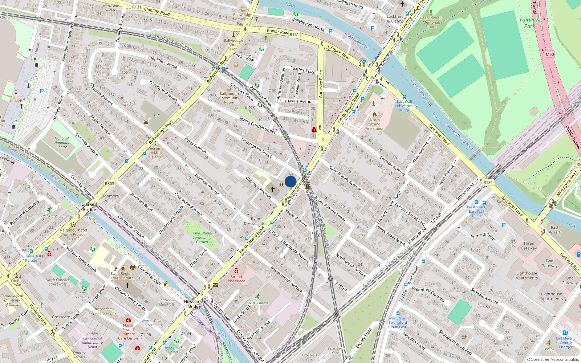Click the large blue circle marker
coord(290,181)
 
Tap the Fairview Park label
coord(529,23)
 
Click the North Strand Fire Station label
coord(375,124)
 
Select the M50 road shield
coord(550,54)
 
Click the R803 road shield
coord(110,184)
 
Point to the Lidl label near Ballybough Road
coord(157,116)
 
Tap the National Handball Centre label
coord(62,143)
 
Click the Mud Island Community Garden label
coord(202,237)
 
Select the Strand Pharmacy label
coord(236,279)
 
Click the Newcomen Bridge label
coord(195,304)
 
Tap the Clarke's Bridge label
coord(89,207)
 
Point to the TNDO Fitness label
coord(257,303)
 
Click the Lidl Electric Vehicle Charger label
coord(565,343)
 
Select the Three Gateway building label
coord(529,246)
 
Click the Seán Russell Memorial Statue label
coord(431,22)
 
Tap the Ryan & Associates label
coord(256,221)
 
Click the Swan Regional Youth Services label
coord(123,276)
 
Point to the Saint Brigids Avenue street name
coord(345,178)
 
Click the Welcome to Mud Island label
coord(155,153)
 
